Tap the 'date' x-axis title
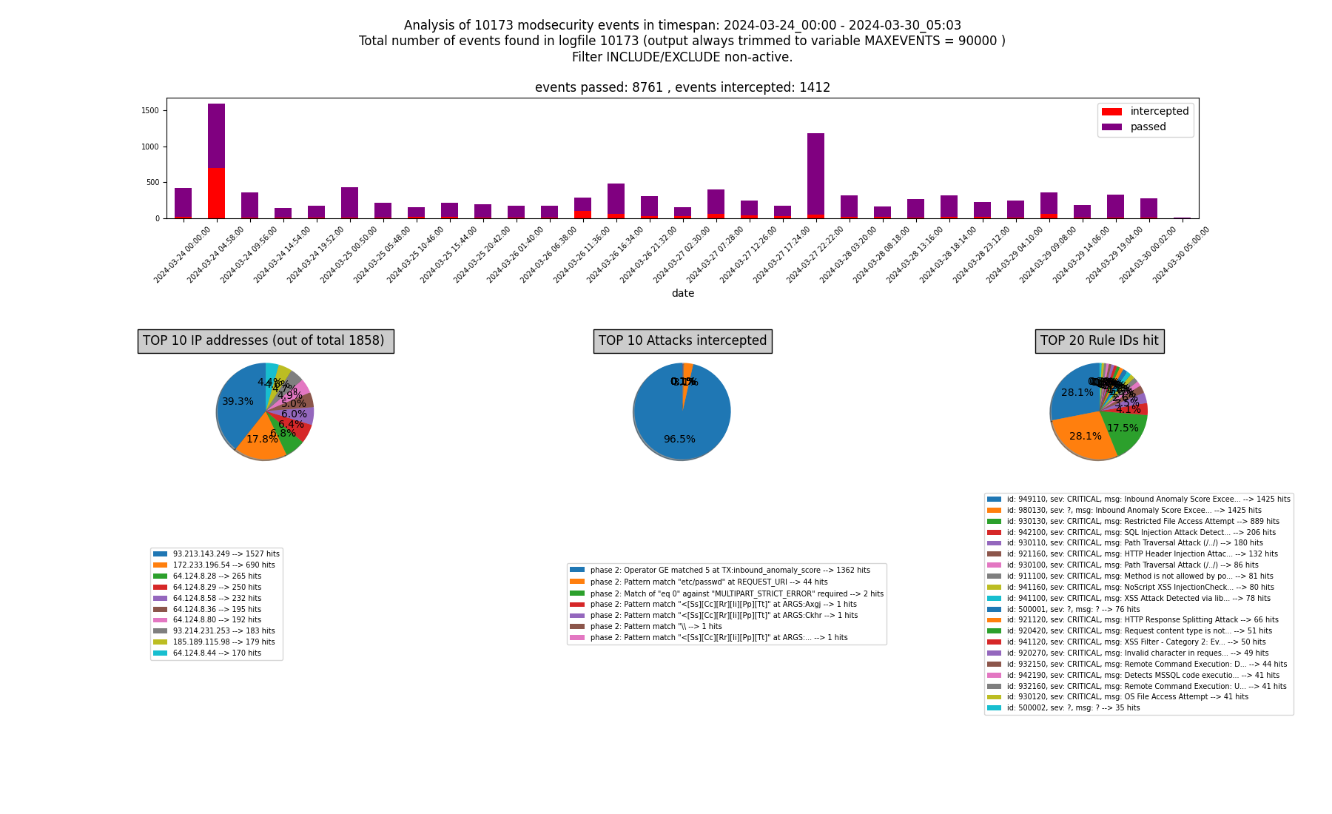click(682, 294)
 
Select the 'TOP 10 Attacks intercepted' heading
click(682, 341)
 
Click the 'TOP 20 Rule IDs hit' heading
click(1099, 341)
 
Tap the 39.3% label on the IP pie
click(238, 402)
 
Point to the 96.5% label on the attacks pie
click(679, 440)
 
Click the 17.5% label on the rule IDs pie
click(1123, 428)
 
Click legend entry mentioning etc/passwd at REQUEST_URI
click(708, 582)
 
